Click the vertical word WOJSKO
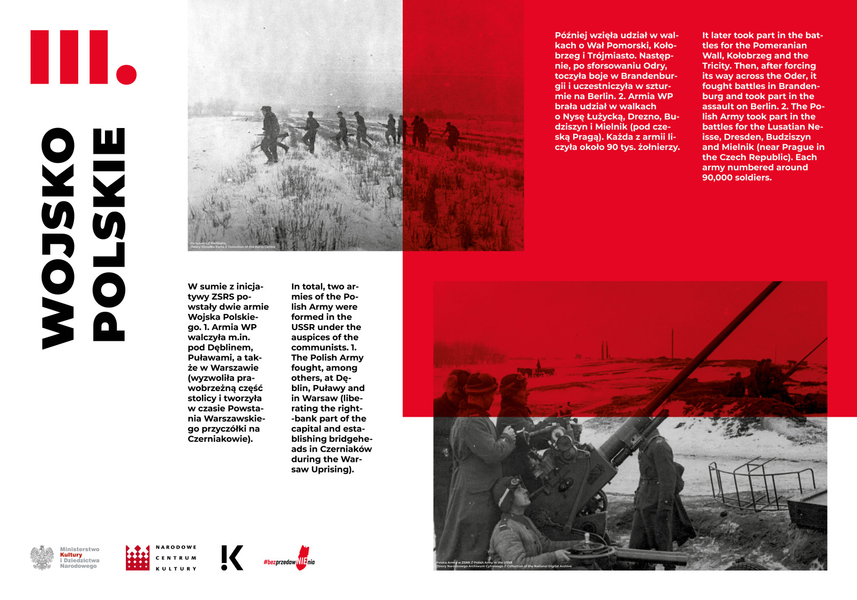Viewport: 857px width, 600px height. point(58,238)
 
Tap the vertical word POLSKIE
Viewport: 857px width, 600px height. point(109,235)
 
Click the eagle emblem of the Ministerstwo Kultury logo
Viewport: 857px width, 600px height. point(42,558)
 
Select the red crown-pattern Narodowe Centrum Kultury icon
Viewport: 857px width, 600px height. point(138,558)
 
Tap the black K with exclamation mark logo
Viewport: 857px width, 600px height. point(232,558)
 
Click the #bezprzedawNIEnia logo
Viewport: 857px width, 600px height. point(289,559)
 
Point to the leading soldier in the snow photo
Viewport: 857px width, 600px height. point(270,134)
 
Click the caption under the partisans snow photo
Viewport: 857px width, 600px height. point(232,245)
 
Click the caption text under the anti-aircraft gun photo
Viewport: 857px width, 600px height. point(503,564)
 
